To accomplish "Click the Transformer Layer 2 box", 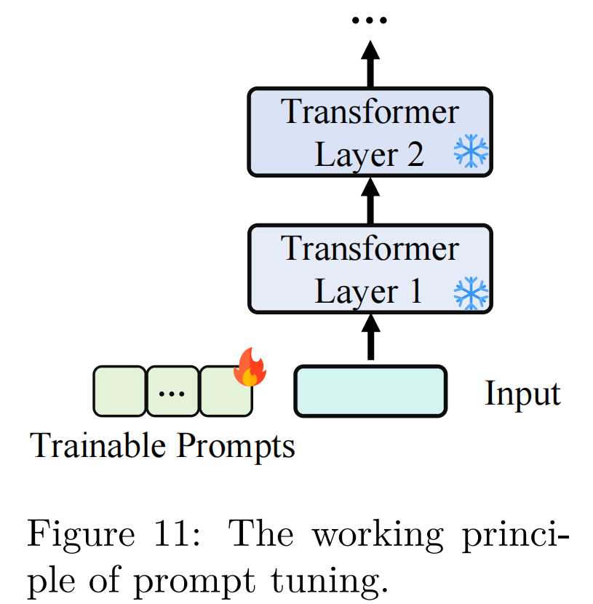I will coord(370,132).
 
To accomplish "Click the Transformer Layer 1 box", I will coord(370,269).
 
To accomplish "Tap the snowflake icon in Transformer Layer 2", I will coord(471,154).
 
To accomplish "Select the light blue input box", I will coord(370,392).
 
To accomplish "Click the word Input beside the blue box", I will coord(522,394).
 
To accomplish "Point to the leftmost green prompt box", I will coord(119,392).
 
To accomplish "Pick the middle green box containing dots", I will coord(172,392).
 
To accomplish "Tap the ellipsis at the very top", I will coord(370,20).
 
